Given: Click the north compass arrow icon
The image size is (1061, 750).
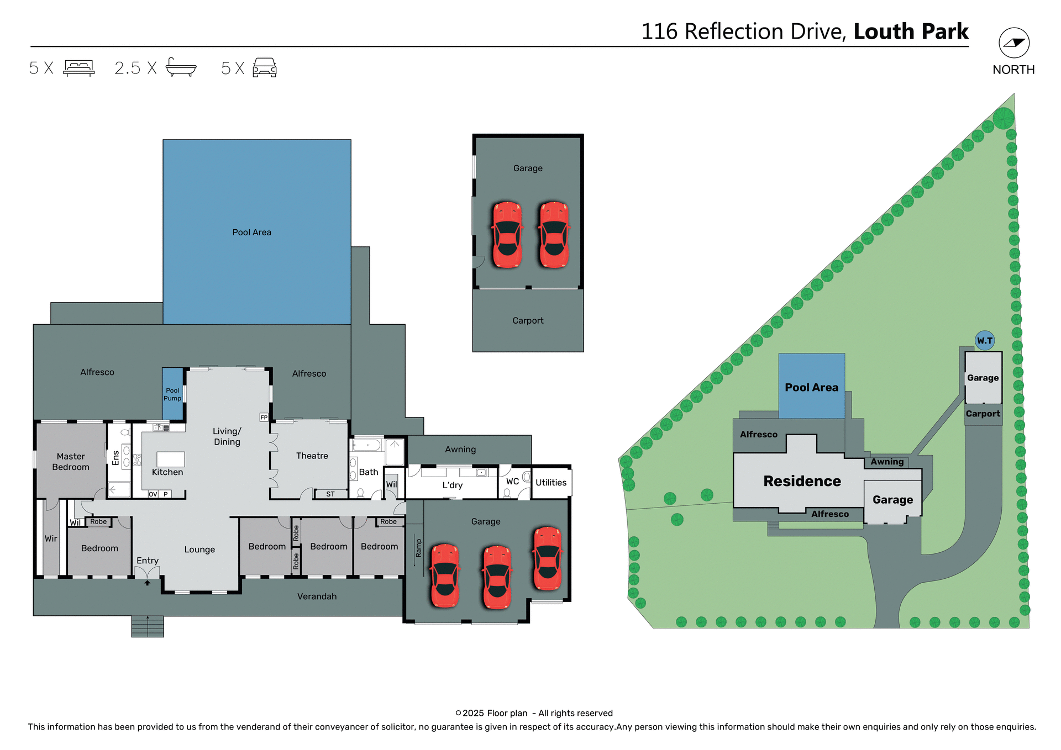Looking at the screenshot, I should (1013, 43).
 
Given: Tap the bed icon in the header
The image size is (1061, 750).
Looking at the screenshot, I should (79, 68).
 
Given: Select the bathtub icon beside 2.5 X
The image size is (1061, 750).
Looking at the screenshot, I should (181, 67).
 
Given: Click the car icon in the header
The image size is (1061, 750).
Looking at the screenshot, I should (265, 68).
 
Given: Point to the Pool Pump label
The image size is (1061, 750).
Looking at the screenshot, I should (172, 394).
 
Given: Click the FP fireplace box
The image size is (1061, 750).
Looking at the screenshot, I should (264, 418).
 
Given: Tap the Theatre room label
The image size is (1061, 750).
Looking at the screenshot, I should (312, 456).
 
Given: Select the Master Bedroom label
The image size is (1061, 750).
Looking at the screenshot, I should (71, 462).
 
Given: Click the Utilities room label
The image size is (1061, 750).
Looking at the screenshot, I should (551, 483).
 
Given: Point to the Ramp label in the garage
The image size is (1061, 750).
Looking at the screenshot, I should (418, 548).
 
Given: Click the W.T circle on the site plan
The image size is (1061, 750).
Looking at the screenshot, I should (985, 341).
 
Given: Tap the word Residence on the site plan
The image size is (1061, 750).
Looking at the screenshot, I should (802, 481).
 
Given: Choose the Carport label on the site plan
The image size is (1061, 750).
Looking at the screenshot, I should (983, 414).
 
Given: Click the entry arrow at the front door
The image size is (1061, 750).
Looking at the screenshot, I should (148, 583).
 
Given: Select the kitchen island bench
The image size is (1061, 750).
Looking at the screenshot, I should (171, 459).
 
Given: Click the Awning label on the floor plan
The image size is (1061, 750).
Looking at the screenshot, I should (460, 450).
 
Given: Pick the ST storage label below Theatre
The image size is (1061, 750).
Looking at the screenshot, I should (330, 494).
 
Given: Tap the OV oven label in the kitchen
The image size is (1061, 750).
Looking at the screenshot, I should (153, 494).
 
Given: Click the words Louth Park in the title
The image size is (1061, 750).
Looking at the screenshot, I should (911, 32).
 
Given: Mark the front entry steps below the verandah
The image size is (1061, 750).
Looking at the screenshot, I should (148, 626).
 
